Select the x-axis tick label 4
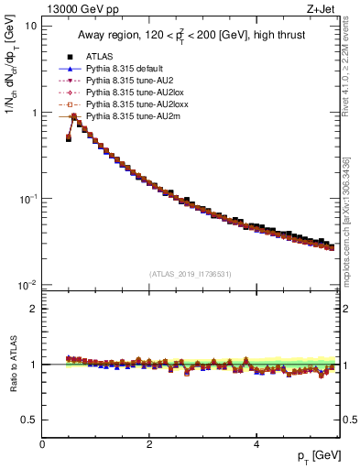[256, 444]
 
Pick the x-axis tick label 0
[42, 444]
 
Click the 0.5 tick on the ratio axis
[29, 420]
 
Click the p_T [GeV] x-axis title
[313, 456]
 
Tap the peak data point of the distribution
[73, 116]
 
